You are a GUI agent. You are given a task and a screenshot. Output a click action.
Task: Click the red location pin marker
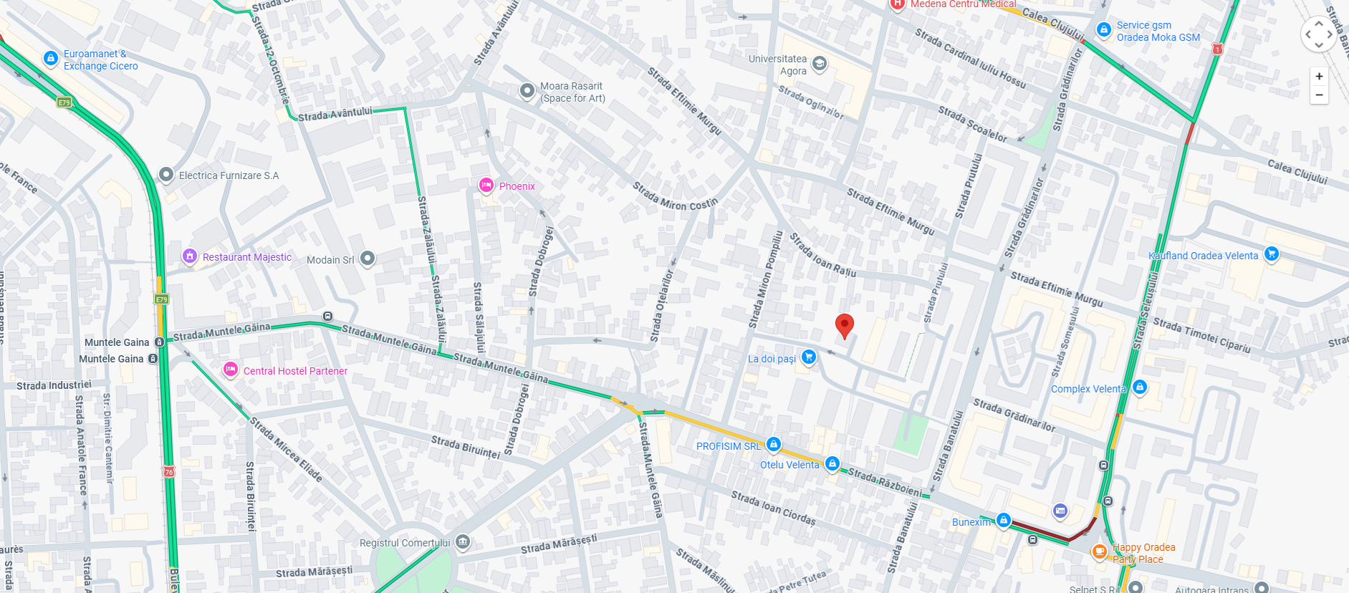coord(845,324)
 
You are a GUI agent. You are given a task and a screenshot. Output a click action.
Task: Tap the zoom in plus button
coord(1319,77)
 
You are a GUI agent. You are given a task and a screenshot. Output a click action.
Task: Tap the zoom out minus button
coord(1319,95)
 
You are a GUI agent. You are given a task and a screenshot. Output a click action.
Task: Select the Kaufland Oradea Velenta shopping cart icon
coord(1272,254)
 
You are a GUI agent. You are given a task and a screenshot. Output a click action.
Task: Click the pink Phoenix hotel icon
coord(486,185)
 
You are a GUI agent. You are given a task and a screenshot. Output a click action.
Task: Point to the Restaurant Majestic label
coord(247,257)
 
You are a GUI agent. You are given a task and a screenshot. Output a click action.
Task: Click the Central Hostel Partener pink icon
coord(230,370)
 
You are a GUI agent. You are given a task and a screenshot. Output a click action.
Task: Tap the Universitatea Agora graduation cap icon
coord(820,64)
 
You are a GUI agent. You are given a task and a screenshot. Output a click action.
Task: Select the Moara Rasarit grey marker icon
coord(527,90)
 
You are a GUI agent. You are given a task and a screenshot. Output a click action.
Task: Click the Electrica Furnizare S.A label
coord(229,175)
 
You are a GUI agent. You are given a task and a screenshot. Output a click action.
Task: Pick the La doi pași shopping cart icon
coord(809,357)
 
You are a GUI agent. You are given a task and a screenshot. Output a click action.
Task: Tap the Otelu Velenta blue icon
coord(832,463)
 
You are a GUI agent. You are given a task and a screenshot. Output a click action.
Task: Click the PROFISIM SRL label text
coord(728,446)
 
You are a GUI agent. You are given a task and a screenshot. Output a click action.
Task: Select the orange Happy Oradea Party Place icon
coord(1099,551)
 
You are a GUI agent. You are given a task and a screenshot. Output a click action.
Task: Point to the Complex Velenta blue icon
coord(1140,387)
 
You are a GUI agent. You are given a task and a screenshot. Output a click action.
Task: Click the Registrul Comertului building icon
coord(464,541)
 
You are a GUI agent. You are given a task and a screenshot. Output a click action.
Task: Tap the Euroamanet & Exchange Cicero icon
coord(51,58)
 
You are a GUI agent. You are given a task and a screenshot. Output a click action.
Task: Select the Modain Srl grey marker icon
coord(368,258)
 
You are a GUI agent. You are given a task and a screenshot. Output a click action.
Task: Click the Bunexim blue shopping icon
coord(1004,520)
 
